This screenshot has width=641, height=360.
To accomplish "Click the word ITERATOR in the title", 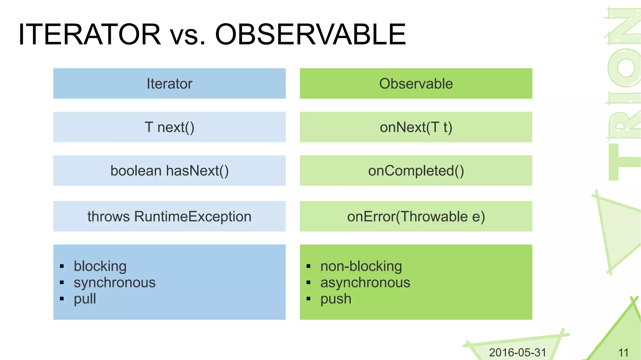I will coord(90,34).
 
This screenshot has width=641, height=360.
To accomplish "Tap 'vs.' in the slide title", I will coord(187,35).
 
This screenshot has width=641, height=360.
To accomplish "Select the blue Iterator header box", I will coord(169,84).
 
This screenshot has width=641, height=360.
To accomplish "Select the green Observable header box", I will coord(416,84).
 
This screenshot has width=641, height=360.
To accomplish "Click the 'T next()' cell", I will coord(169,127).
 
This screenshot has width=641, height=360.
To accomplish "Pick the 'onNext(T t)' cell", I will coord(416,127).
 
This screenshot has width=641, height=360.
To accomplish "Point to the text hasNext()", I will coord(197,171).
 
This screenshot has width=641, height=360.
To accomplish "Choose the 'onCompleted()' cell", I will coord(416,171).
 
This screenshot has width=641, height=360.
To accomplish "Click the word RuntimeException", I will coord(193,217).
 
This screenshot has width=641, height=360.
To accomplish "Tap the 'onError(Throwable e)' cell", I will coord(416,217).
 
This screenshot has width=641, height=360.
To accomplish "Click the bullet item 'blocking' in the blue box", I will coord(100,266).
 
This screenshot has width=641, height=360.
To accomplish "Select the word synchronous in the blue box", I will coord(115,283).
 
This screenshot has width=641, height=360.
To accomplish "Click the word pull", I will coord(85,299).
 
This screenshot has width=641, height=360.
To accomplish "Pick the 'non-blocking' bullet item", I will coord(361,266).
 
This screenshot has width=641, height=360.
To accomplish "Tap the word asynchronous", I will coord(365,283).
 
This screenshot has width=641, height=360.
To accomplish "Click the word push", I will coord(336,299).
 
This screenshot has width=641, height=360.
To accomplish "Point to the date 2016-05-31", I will coord(517,352).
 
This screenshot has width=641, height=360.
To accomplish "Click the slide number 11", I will coord(623,353).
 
